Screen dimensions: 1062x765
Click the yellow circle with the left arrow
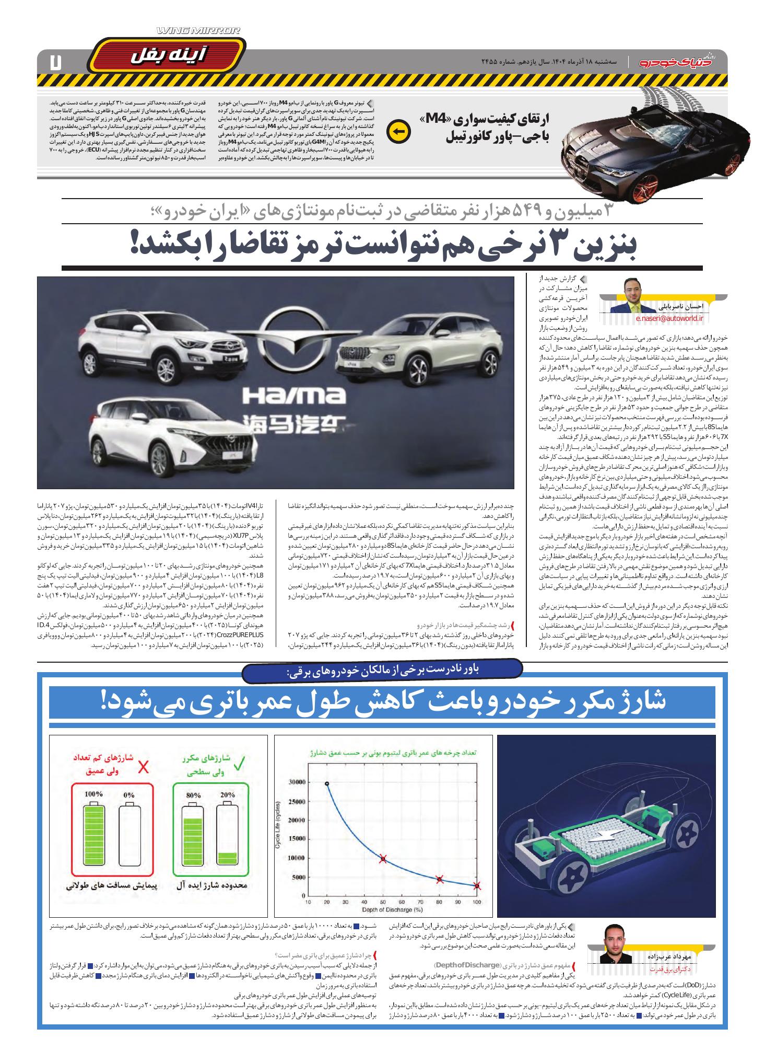397,132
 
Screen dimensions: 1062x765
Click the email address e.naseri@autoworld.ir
669,317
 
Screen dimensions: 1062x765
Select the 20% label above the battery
228,794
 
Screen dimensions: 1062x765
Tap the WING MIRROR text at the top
199,31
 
